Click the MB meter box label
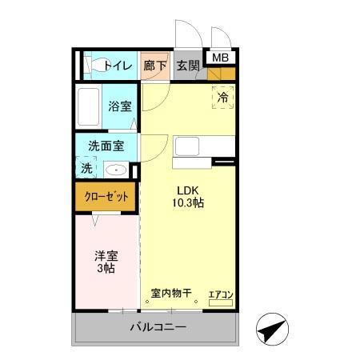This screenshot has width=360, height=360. tap(219, 57)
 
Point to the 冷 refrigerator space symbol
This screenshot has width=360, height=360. tap(224, 96)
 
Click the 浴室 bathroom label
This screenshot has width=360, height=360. tap(121, 106)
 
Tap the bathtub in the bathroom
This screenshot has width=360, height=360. tap(89, 106)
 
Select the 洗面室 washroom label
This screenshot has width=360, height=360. tap(106, 146)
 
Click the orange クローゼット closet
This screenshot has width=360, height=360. tap(106, 197)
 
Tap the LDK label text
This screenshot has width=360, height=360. tap(188, 190)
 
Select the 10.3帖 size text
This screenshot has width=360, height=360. tap(188, 203)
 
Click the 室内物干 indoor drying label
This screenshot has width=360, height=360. tap(171, 293)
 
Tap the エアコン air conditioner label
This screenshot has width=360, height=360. tap(221, 294)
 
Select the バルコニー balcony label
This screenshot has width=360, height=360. tap(158, 328)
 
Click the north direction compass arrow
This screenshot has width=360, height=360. tap(270, 330)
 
